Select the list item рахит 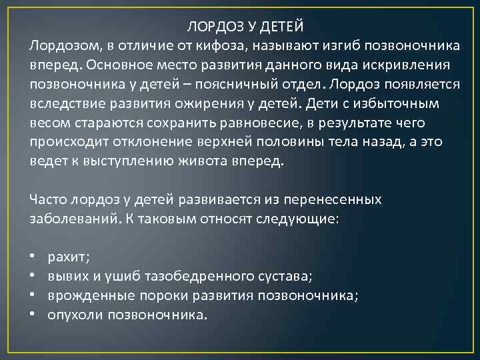(69, 257)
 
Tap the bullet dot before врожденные (33, 296)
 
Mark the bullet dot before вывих (33, 277)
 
